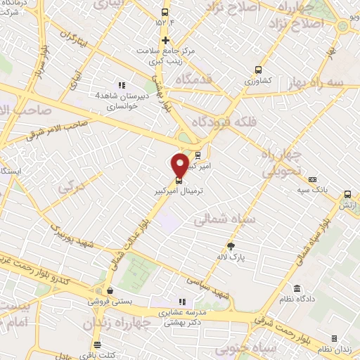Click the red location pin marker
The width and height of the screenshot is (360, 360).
tap(181, 163)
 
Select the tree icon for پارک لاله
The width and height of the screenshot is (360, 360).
tap(231, 245)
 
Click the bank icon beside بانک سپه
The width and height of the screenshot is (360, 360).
tap(312, 179)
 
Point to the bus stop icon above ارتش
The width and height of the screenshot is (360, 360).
tap(347, 195)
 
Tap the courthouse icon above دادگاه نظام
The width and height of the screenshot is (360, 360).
tap(297, 289)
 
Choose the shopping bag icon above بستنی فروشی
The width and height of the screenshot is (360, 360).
tap(108, 289)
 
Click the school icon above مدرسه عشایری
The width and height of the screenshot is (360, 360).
tap(183, 302)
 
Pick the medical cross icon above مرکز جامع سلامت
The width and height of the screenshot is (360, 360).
tap(165, 39)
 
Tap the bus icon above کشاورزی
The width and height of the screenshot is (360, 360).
tap(258, 70)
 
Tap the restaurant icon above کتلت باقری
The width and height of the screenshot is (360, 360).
tap(96, 345)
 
